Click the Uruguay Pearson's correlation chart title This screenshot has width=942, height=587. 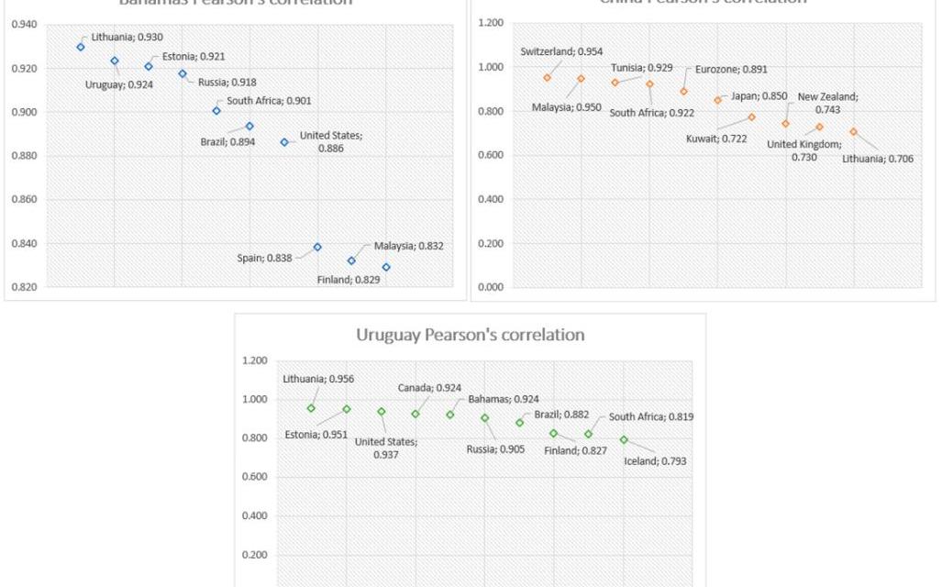point(470,335)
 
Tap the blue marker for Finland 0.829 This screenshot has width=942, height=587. point(386,267)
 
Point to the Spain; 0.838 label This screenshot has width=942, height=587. point(264,258)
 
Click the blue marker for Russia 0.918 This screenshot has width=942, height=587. point(183,73)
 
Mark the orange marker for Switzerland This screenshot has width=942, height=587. point(547,78)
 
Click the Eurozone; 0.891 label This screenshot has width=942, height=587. point(731,69)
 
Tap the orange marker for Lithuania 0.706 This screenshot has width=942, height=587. point(853,131)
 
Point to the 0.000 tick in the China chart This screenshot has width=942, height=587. point(492,287)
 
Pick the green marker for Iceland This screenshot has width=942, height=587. point(624,439)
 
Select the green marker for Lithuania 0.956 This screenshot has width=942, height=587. point(311,408)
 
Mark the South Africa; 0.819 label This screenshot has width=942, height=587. point(651,416)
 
